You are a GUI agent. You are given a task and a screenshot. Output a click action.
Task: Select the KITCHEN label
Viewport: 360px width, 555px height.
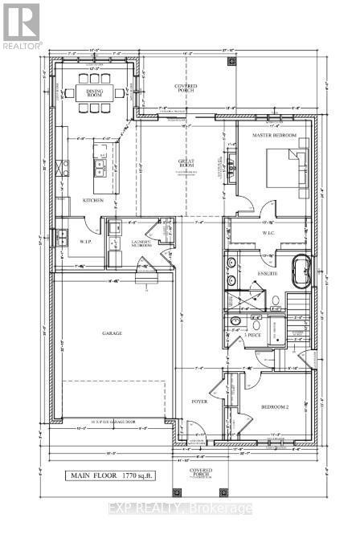pyautogui.click(x=93, y=201)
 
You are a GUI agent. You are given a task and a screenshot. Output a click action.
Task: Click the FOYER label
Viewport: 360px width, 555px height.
pyautogui.click(x=199, y=401)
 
